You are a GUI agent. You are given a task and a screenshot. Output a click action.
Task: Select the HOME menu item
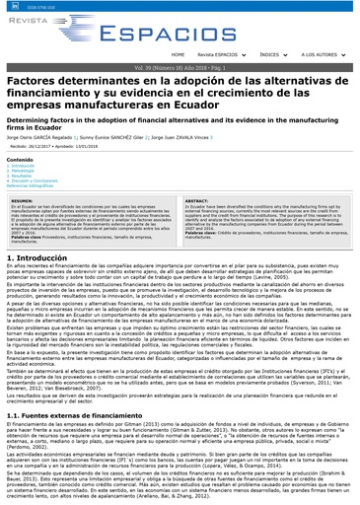pos(177,54)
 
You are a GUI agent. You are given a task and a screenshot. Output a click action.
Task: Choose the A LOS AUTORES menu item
pos(322,54)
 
